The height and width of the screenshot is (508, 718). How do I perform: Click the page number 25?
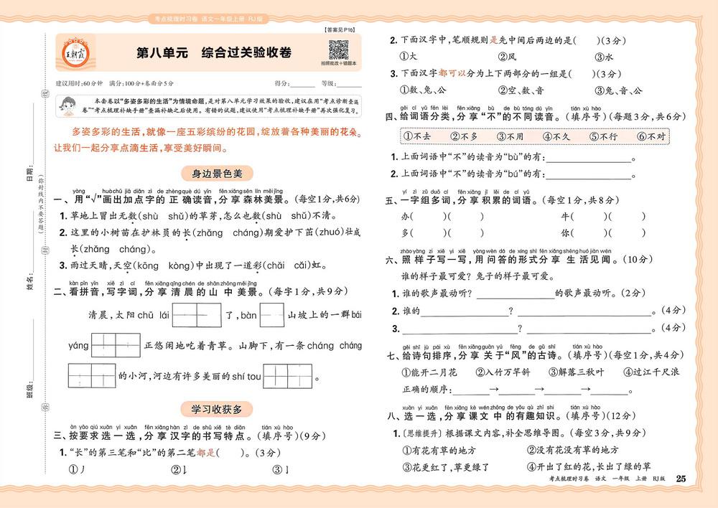[681, 479]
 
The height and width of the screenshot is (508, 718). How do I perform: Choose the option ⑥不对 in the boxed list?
[651, 136]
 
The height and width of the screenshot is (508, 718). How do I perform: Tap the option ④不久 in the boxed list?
[556, 136]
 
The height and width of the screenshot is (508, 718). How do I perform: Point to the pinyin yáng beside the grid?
[78, 346]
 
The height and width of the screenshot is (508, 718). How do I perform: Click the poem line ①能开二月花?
[429, 372]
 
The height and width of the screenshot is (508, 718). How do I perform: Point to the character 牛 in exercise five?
[565, 215]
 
